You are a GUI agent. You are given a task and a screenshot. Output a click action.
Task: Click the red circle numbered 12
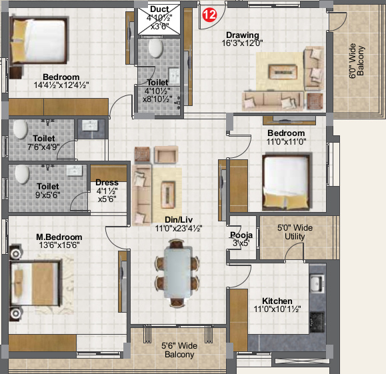point(209,15)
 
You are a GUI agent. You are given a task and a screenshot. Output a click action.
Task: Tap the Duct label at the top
point(159,9)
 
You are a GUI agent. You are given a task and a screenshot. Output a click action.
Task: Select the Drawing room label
point(243,35)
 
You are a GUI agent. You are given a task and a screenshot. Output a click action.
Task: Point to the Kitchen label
point(277,301)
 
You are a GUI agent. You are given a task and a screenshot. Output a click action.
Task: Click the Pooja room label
point(241,235)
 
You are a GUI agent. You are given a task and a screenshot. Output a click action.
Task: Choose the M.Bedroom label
point(59,237)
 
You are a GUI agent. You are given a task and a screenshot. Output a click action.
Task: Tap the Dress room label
point(107,183)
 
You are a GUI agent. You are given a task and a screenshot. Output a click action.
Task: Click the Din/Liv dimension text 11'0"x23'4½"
point(179,229)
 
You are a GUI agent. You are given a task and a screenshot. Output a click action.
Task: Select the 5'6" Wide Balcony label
point(179,350)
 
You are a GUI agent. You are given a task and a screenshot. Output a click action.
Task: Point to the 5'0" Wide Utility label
point(295,232)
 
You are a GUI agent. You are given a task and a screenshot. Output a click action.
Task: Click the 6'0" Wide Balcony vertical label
point(357,61)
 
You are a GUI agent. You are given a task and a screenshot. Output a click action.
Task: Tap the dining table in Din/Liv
point(178,273)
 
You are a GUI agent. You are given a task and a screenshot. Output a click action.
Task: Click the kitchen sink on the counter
point(317,283)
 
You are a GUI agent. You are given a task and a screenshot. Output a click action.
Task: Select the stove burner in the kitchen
point(317,322)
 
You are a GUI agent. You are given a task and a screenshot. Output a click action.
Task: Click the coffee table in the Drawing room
point(283,72)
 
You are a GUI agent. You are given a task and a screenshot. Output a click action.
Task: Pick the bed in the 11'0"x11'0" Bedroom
point(287,182)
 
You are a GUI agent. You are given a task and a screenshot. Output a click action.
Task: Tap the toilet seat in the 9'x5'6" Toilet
point(23,174)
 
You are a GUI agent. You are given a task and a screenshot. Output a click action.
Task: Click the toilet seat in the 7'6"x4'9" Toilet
point(21,129)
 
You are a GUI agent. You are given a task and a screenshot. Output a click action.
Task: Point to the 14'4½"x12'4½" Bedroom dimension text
point(61,85)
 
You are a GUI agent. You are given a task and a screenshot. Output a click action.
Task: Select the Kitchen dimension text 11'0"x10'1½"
point(277,309)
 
